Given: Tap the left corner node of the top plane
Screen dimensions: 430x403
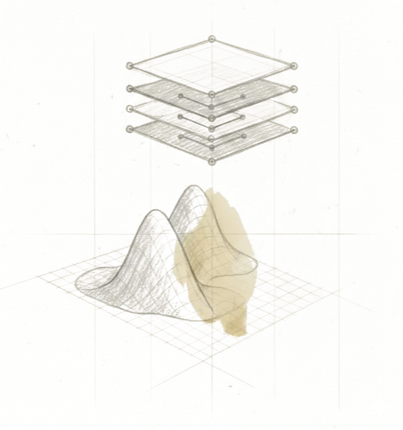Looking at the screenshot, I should [x=130, y=65].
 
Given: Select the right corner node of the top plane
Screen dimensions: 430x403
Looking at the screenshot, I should [x=293, y=66].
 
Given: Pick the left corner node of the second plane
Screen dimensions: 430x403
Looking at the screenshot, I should [x=131, y=87].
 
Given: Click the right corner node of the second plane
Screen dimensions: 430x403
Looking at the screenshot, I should [x=293, y=88].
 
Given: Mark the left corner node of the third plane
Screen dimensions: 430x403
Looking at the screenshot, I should [x=131, y=107].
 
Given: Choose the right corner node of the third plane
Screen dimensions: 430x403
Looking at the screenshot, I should [x=293, y=108].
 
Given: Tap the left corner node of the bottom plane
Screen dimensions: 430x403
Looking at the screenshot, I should [x=131, y=129].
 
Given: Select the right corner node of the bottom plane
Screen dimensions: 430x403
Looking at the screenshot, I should [x=293, y=130].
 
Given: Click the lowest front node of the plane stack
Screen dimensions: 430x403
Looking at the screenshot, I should [x=213, y=161].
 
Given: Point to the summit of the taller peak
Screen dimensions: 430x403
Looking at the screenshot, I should [x=194, y=186].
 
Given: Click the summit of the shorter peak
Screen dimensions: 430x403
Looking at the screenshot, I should [x=152, y=211].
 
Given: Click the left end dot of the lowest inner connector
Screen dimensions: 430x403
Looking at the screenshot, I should [x=182, y=136].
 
